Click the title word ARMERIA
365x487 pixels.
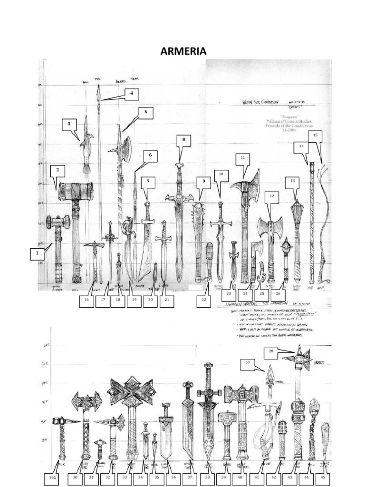pyautogui.click(x=183, y=51)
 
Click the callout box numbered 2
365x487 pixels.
pyautogui.click(x=58, y=170)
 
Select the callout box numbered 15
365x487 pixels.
pyautogui.click(x=315, y=135)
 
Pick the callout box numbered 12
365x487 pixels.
pyautogui.click(x=271, y=195)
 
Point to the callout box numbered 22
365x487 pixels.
pyautogui.click(x=204, y=301)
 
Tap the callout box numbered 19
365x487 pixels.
pyautogui.click(x=134, y=301)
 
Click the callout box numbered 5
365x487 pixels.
pyautogui.click(x=145, y=112)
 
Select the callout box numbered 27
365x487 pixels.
pyautogui.click(x=247, y=364)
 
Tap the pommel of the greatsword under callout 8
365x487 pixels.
pyautogui.click(x=180, y=166)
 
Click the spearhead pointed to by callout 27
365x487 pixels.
pyautogui.click(x=269, y=374)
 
